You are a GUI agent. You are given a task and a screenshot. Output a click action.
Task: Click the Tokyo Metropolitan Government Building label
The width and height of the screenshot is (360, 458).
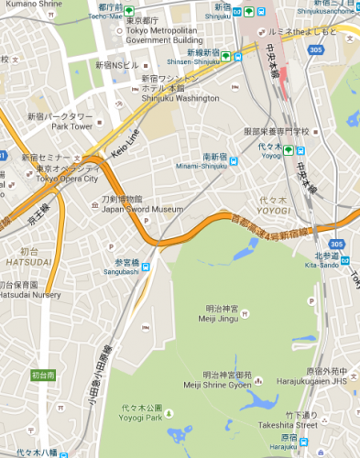[164, 36]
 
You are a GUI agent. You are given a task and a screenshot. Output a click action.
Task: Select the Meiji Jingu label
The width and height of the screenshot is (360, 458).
[220, 320]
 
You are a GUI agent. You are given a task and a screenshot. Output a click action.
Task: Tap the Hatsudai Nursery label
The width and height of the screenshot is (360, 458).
[30, 295]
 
